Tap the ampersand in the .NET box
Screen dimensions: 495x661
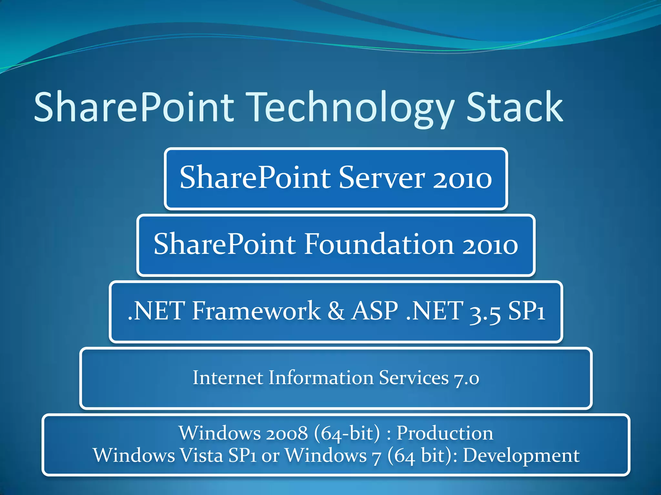click(x=336, y=311)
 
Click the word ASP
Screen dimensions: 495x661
click(x=374, y=311)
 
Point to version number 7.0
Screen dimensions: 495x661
click(x=466, y=378)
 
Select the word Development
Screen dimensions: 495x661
click(x=521, y=456)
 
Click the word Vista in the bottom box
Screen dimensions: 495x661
click(x=201, y=455)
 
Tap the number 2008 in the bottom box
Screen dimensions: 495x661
click(x=287, y=433)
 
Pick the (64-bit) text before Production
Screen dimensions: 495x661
click(x=347, y=433)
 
